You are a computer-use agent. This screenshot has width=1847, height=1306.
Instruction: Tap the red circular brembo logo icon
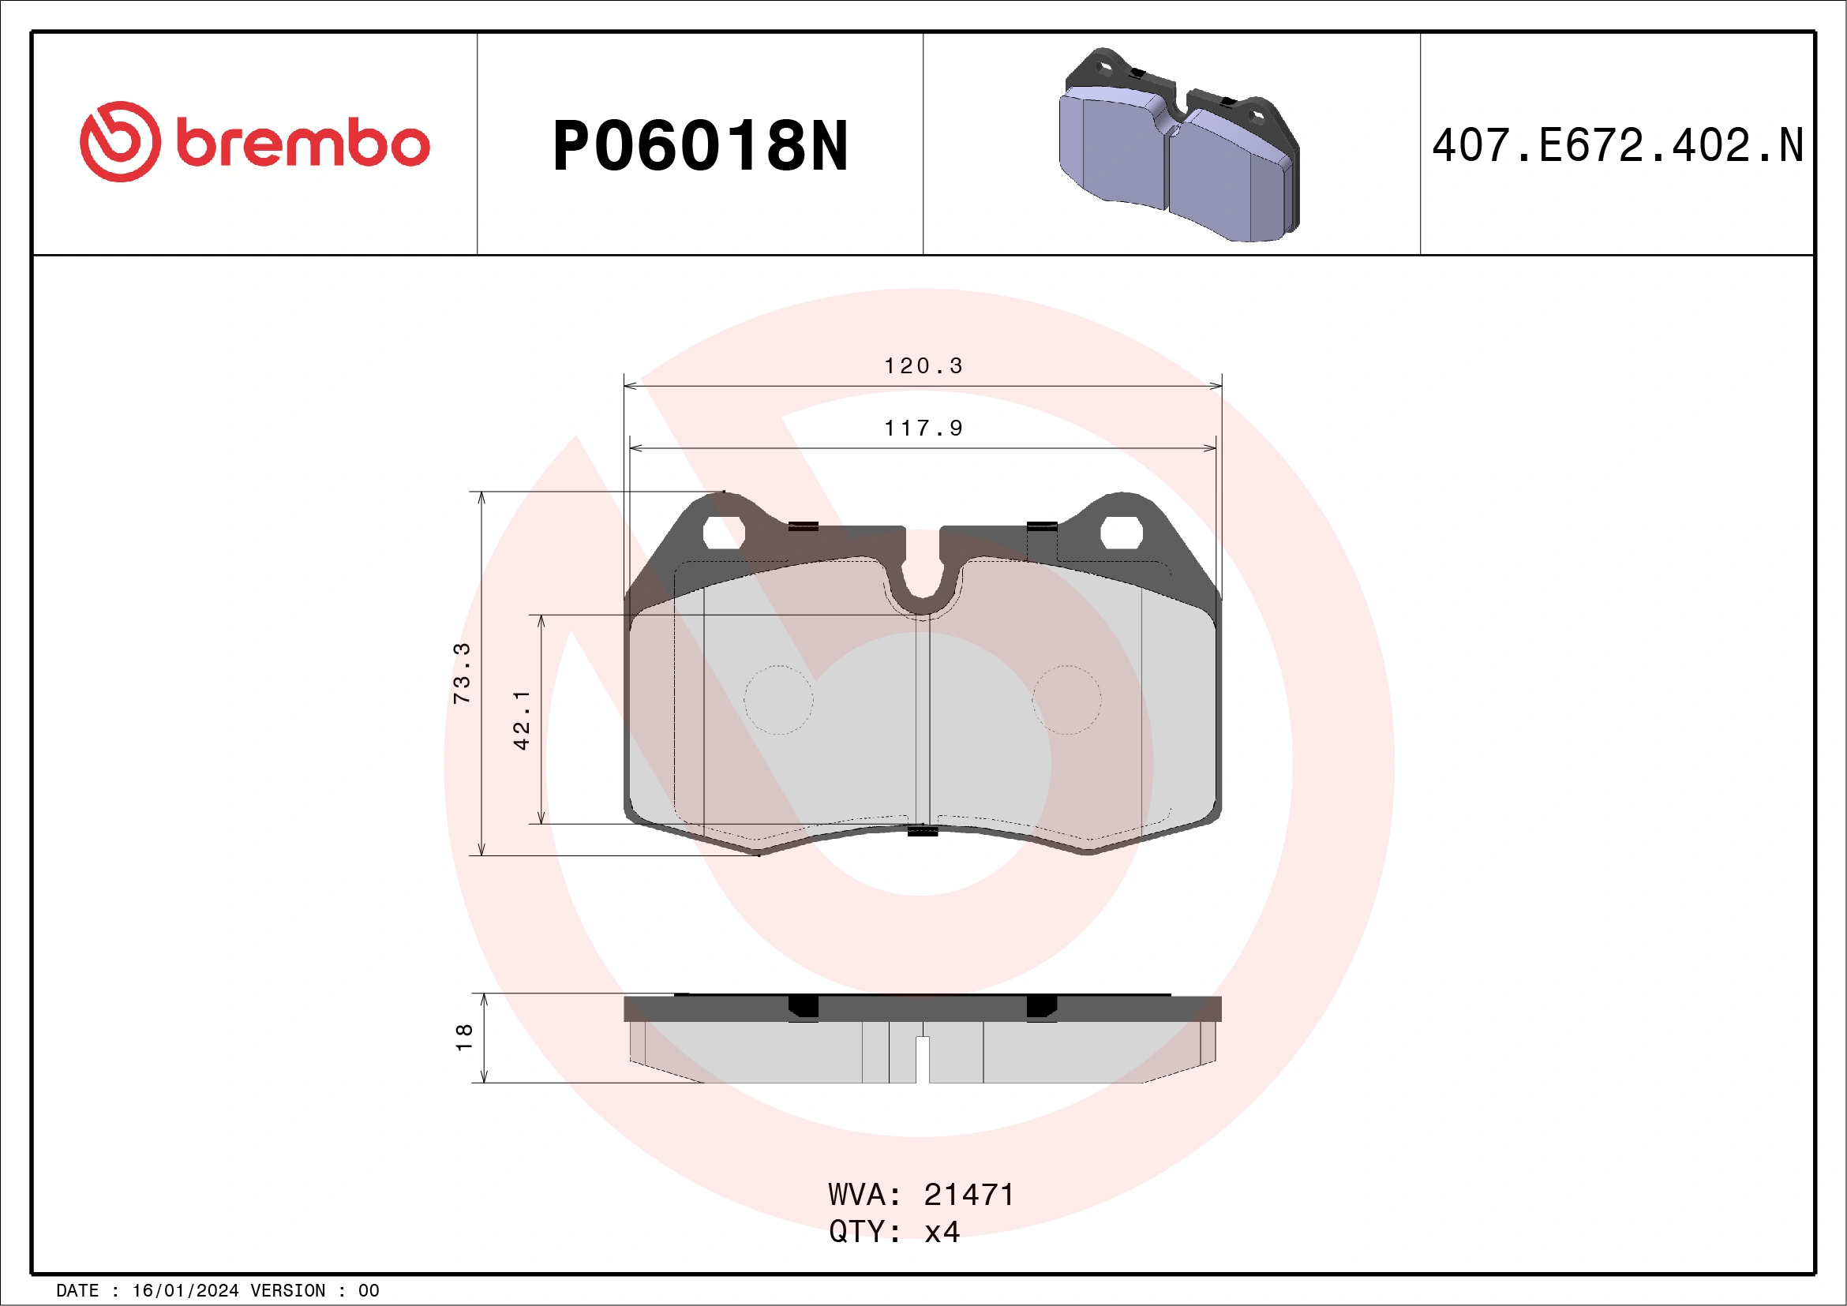click(121, 141)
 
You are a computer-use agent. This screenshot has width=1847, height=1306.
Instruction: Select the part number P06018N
click(700, 145)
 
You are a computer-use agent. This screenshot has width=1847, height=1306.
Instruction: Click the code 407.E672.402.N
click(1617, 145)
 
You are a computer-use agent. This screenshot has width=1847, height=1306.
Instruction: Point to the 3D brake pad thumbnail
click(1179, 144)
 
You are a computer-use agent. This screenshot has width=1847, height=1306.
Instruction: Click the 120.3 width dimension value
click(923, 366)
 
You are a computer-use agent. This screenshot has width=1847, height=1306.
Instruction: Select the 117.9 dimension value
click(923, 428)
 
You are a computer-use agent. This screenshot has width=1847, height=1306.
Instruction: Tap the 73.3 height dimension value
click(462, 673)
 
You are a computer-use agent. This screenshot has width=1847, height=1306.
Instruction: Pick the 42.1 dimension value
click(522, 720)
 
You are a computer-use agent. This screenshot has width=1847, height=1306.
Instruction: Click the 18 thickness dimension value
click(464, 1037)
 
